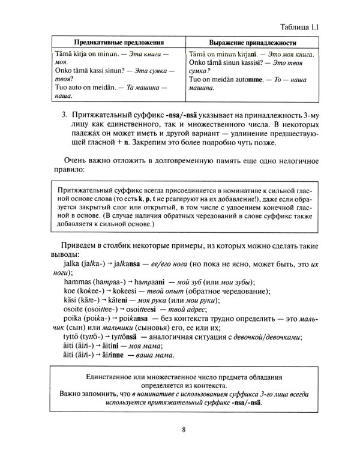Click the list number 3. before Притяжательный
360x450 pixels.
(x=65, y=113)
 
